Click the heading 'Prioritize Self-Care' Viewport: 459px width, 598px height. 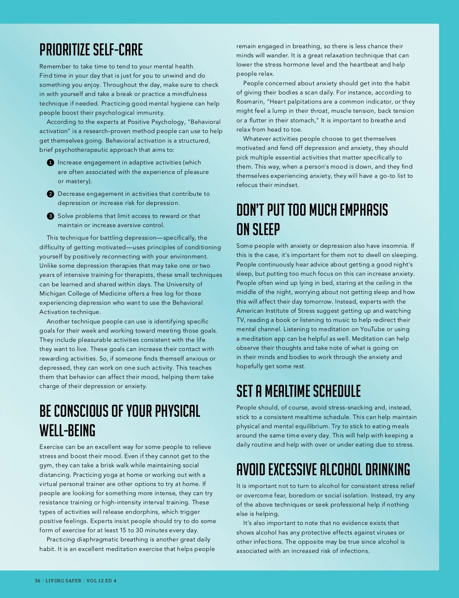(x=91, y=50)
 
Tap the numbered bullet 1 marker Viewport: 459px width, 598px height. (x=50, y=163)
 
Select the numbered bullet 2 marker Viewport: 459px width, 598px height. (x=50, y=194)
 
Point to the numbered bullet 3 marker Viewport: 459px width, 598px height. (x=50, y=216)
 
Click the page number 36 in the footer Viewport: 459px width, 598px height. (x=37, y=580)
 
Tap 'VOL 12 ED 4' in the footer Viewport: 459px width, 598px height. (x=101, y=580)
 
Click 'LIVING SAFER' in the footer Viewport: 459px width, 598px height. (x=63, y=580)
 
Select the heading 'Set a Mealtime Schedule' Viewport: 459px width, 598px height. (x=298, y=391)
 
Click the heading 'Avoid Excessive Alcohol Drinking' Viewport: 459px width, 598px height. (x=323, y=470)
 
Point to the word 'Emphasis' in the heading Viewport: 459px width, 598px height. (x=363, y=210)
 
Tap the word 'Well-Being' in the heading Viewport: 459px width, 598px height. (x=67, y=431)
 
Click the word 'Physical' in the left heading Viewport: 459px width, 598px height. (x=177, y=411)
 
